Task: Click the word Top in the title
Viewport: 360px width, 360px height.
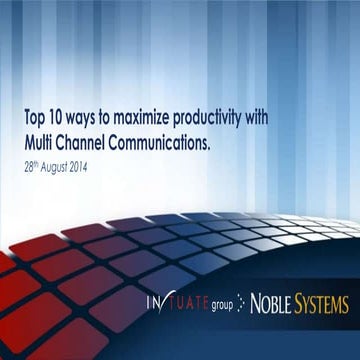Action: [36, 117]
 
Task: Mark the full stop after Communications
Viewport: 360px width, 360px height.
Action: [211, 141]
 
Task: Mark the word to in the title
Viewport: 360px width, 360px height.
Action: [115, 117]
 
